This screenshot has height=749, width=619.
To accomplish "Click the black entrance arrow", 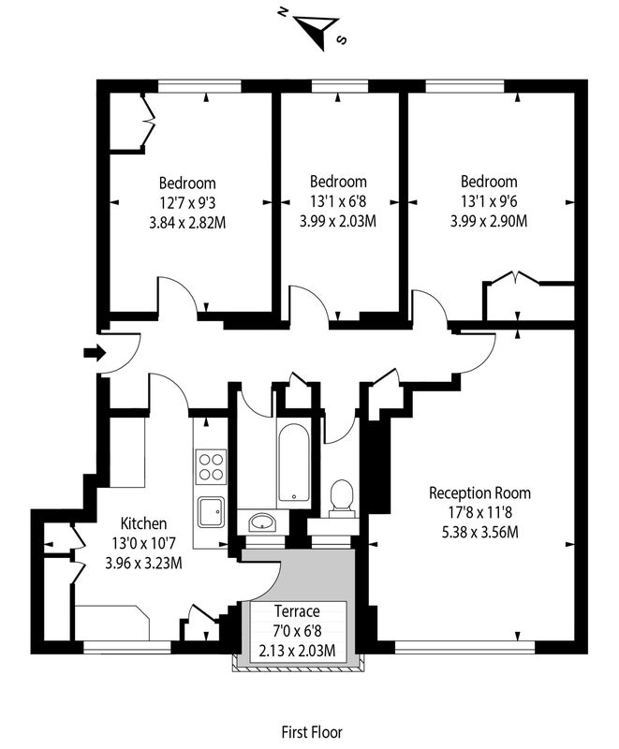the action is [95, 353].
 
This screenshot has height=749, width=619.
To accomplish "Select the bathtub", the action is [293, 463].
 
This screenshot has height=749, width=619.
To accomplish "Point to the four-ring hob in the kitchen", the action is [211, 466].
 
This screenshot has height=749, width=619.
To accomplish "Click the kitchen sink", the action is [211, 512].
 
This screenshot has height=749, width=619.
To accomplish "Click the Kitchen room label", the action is [143, 523].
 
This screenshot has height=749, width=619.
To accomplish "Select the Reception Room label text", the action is [479, 493].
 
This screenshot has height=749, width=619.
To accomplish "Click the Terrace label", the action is [297, 611].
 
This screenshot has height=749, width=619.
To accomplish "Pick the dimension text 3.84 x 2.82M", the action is [187, 223].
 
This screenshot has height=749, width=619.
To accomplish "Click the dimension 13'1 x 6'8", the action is [338, 201].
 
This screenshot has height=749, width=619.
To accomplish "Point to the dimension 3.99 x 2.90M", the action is [489, 221].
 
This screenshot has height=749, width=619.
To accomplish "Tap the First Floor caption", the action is [312, 732].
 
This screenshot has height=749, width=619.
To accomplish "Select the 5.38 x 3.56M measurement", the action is [479, 532].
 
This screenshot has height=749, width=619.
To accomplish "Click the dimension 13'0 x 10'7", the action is [143, 543].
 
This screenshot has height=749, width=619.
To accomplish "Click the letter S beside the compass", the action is [341, 39].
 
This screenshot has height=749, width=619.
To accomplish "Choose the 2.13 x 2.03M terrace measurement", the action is [297, 651].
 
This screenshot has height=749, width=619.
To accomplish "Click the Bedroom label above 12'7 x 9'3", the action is [187, 183].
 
